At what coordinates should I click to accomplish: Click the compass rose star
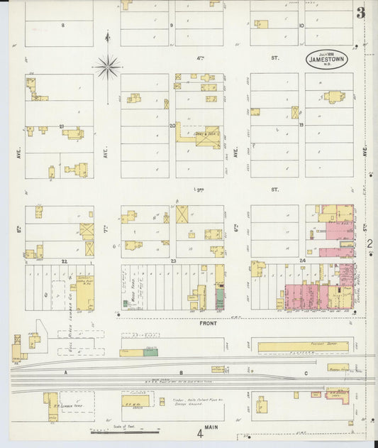(108, 67)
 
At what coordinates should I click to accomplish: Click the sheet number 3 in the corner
(361, 13)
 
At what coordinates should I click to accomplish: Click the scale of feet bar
(124, 430)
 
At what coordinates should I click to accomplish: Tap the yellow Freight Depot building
(303, 346)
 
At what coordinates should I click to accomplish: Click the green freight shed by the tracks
(151, 351)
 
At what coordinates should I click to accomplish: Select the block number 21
(62, 127)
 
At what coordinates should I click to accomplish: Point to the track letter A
(64, 372)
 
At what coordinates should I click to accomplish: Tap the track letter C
(306, 372)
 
